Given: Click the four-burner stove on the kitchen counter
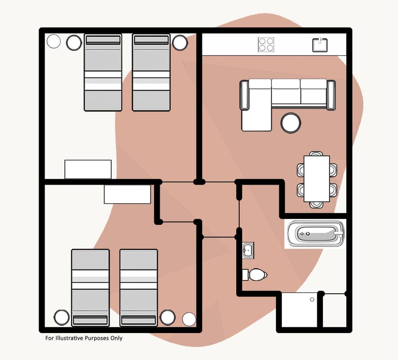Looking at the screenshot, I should click(266, 44).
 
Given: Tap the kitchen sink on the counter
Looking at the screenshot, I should click(320, 45).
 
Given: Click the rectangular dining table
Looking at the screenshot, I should click(317, 178).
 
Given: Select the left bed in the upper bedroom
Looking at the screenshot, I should click(103, 73).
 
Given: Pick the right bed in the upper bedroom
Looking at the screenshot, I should click(151, 73).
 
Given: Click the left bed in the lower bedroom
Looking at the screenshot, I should click(90, 287).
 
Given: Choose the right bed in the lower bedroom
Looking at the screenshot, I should click(138, 287).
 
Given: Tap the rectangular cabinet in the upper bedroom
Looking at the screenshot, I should click(88, 169).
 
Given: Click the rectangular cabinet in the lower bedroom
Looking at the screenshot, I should click(127, 194).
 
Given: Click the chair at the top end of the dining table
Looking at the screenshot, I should click(316, 154).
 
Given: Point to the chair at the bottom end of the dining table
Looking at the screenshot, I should click(316, 204).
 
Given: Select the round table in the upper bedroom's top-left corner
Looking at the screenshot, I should click(54, 41).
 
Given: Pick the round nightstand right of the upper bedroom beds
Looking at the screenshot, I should click(180, 43).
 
